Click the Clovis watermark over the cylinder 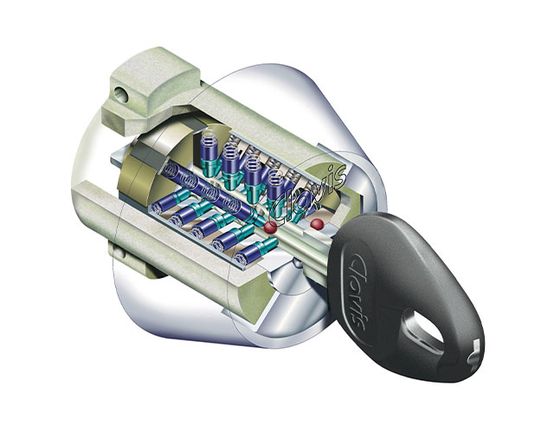pyautogui.click(x=308, y=195)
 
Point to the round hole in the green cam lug pyautogui.click(x=121, y=94)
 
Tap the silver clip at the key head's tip pyautogui.click(x=473, y=353)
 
